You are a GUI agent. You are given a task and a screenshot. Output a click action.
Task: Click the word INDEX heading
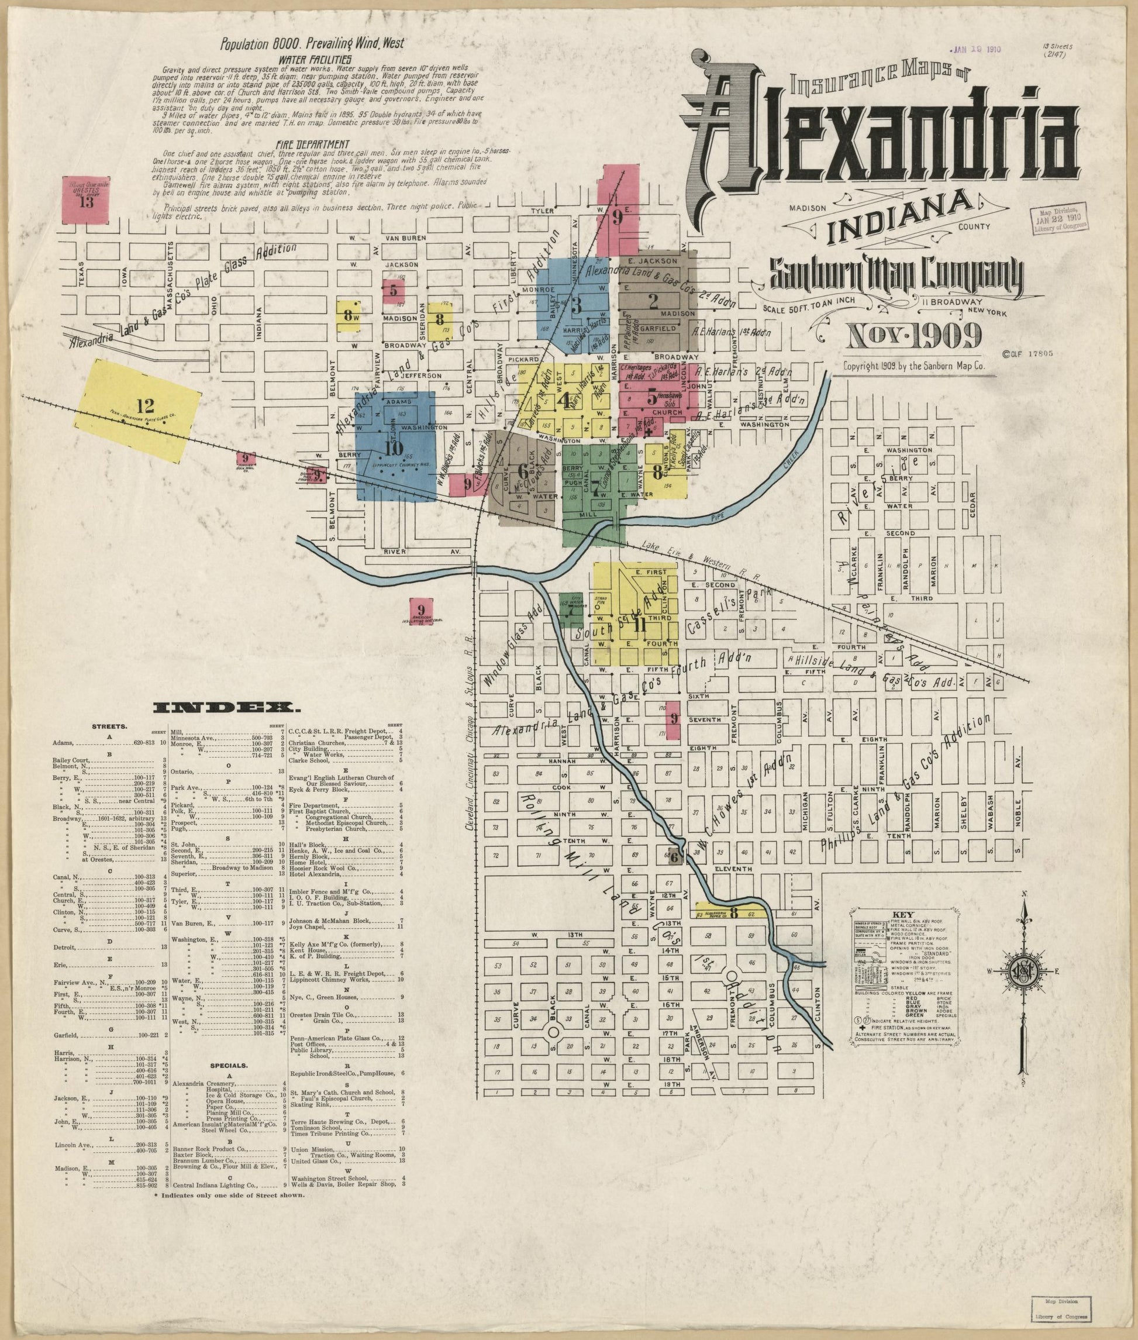click(x=224, y=708)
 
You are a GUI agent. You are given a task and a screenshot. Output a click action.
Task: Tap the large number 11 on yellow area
click(x=639, y=624)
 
